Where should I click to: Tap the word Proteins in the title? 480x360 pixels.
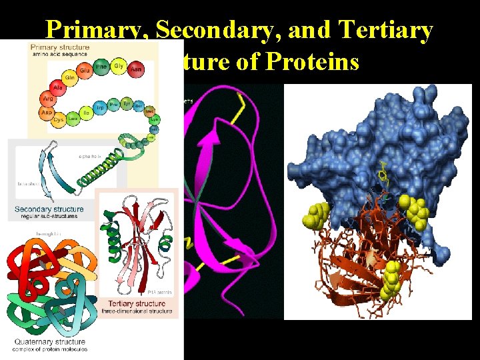tap(313, 63)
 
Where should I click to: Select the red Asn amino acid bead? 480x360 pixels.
tap(137, 68)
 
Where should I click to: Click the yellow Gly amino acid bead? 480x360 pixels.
tap(119, 66)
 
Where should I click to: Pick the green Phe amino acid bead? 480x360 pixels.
tap(101, 67)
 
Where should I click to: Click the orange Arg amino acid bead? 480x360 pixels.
tap(48, 99)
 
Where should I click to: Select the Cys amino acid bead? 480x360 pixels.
tap(59, 120)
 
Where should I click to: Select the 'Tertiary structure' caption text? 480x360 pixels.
tap(134, 304)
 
